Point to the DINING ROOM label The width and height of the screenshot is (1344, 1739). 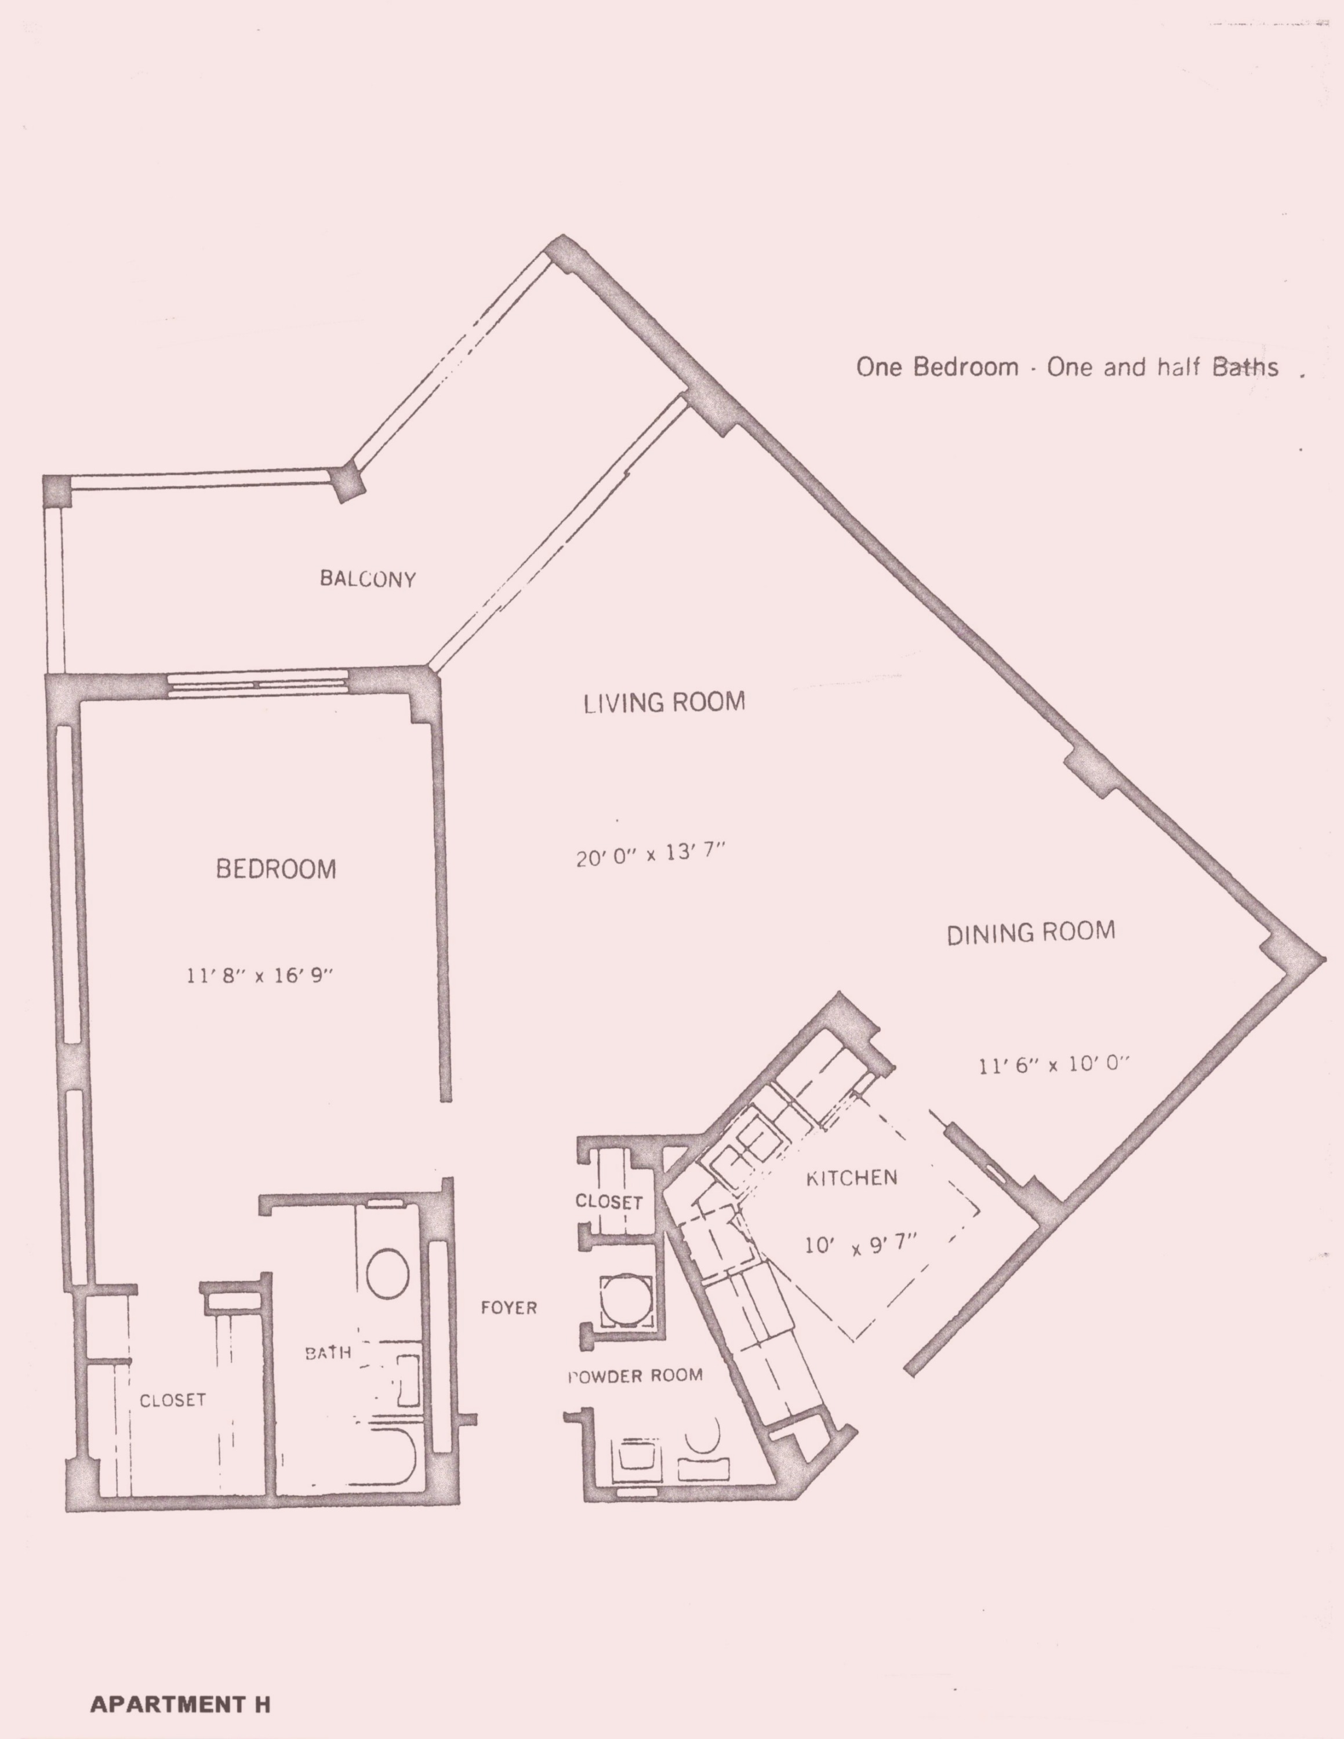click(1030, 933)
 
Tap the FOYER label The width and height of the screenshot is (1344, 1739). click(508, 1307)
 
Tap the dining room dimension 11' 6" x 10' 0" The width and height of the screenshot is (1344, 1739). click(1054, 1064)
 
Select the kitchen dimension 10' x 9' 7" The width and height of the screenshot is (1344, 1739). click(862, 1244)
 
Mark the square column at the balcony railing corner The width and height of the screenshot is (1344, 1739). click(347, 482)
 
